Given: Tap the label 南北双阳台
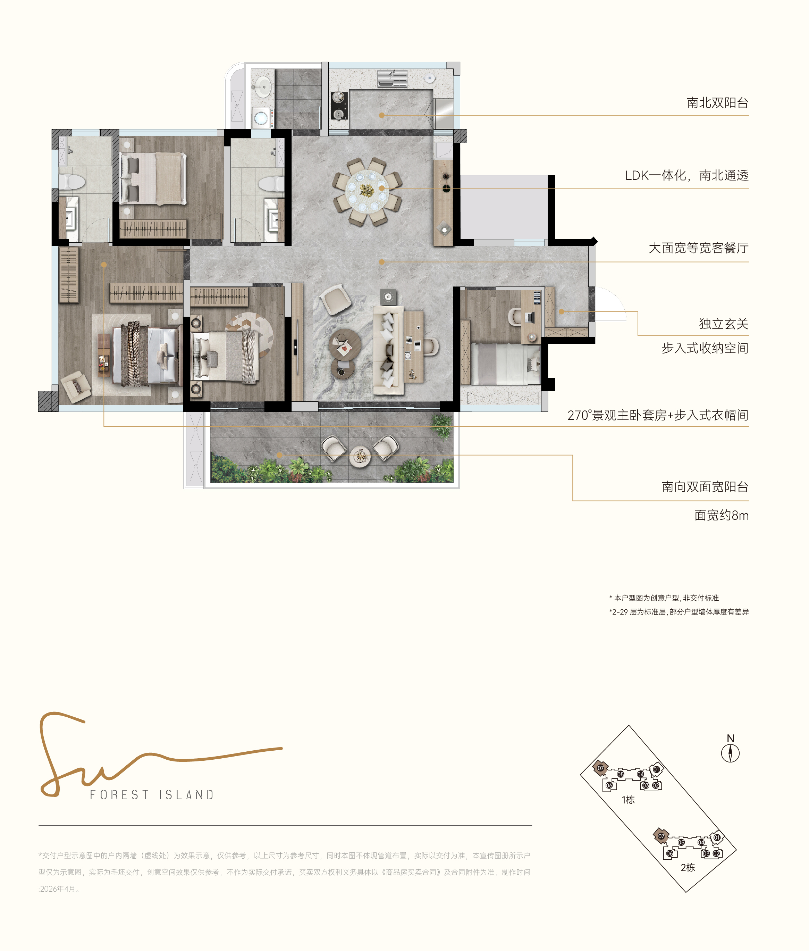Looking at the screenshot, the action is click(x=717, y=103).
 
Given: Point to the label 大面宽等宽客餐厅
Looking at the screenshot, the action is click(x=699, y=248).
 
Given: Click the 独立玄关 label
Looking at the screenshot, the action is click(x=724, y=324).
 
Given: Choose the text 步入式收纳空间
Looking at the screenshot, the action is click(x=705, y=348).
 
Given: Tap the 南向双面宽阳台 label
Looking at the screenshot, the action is click(x=705, y=487).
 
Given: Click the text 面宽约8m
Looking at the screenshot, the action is click(x=722, y=515).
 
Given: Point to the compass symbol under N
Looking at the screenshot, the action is click(x=731, y=753).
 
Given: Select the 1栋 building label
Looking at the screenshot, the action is click(x=628, y=800).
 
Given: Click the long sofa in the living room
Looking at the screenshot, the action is click(x=388, y=350).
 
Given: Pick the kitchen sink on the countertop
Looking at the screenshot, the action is click(x=392, y=78).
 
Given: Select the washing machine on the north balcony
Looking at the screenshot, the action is click(x=261, y=118).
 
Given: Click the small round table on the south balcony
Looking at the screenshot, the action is click(x=360, y=457).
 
